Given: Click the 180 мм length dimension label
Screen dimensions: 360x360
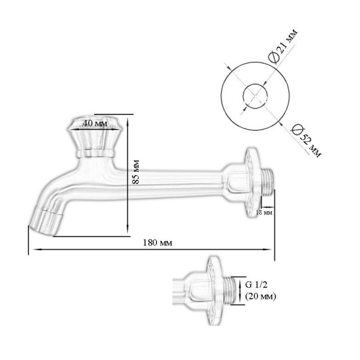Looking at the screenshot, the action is click(157, 242).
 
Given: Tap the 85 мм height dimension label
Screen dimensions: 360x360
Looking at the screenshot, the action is click(136, 172).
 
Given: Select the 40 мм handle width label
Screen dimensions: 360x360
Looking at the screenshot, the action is click(95, 123).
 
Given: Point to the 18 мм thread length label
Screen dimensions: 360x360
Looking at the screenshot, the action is click(264, 212).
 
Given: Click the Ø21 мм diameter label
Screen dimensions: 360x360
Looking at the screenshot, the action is click(283, 46).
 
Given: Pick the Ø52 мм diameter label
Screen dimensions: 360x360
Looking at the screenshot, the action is click(306, 140).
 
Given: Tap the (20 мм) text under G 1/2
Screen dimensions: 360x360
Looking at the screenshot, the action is click(260, 296).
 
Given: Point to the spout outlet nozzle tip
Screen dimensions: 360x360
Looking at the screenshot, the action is click(46, 221).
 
